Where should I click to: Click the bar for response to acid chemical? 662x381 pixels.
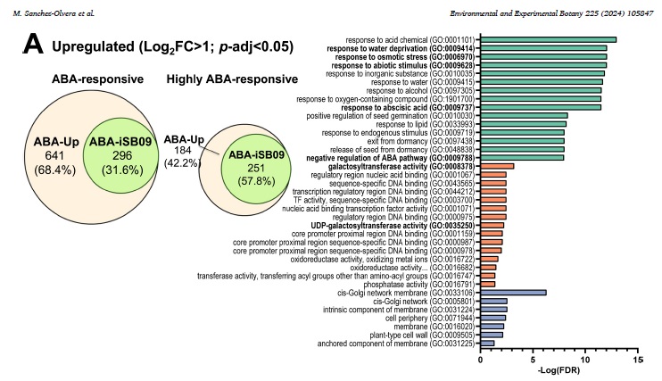[548, 39]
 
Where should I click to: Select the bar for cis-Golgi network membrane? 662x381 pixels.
[513, 292]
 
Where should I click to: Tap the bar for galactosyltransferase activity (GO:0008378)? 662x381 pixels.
[497, 165]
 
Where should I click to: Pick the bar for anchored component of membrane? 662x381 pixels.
[486, 343]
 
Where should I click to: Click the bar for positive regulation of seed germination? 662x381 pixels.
[524, 115]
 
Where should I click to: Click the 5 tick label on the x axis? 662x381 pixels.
[534, 360]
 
